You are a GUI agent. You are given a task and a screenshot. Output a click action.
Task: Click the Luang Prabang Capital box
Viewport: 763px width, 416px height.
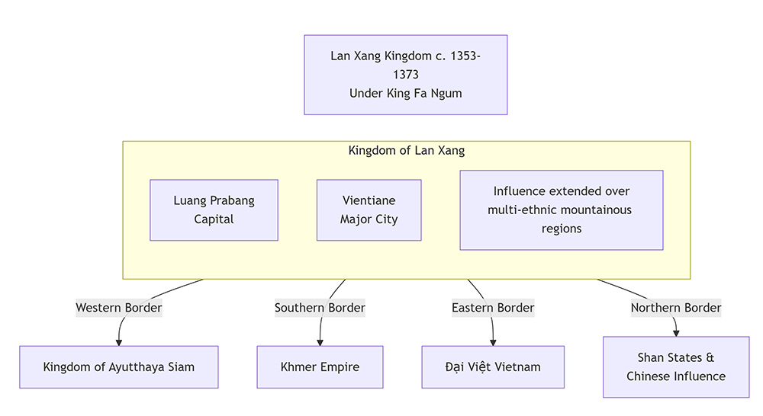(214, 210)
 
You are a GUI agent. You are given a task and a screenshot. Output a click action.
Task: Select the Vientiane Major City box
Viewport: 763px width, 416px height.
(369, 210)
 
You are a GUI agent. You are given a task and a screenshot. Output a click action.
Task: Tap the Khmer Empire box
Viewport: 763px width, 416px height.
(320, 366)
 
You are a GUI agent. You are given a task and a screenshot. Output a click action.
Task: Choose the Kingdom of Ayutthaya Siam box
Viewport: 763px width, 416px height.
(118, 366)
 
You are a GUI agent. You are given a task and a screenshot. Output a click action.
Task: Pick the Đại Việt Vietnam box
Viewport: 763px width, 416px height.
(493, 366)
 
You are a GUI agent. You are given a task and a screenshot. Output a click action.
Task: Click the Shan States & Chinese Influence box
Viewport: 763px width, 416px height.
(676, 366)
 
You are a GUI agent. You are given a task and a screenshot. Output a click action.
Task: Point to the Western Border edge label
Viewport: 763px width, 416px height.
(119, 308)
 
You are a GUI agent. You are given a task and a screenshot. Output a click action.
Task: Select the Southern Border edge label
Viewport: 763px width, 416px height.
(320, 308)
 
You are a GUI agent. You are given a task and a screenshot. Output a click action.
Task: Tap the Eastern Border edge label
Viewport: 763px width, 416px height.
(493, 308)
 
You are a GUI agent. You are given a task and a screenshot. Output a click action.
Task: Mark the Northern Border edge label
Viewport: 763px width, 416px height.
(676, 308)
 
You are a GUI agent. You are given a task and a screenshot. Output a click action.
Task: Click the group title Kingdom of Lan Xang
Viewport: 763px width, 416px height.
(406, 150)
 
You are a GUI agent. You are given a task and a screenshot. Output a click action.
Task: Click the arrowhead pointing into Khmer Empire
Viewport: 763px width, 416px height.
(320, 342)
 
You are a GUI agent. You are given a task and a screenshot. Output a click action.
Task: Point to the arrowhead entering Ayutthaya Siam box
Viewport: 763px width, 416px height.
(119, 342)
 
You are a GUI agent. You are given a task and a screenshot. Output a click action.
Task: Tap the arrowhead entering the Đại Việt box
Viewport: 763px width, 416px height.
(493, 342)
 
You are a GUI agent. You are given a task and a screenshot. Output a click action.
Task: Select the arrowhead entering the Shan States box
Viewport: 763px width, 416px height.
(676, 333)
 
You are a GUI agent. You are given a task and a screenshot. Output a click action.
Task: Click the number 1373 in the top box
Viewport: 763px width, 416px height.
(406, 75)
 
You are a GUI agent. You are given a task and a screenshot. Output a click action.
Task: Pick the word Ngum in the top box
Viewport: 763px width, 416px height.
(447, 93)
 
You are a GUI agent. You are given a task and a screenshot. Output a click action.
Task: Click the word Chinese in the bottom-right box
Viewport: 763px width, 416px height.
(649, 376)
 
